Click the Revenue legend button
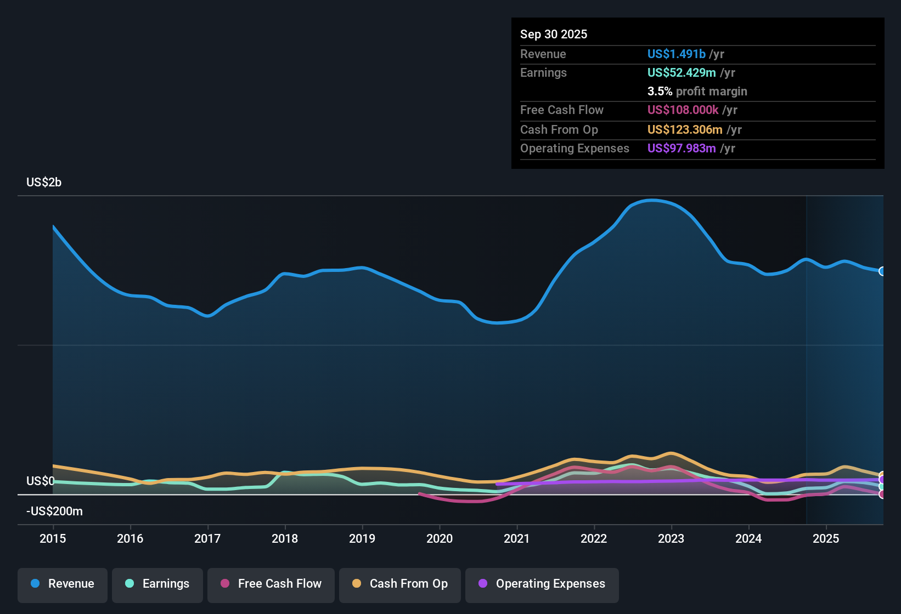pyautogui.click(x=63, y=584)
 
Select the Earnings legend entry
pyautogui.click(x=157, y=584)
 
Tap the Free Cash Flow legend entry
pyautogui.click(x=271, y=584)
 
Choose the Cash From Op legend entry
pyautogui.click(x=400, y=584)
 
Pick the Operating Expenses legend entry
pyautogui.click(x=542, y=584)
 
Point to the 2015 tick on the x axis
pyautogui.click(x=53, y=538)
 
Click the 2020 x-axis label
pyautogui.click(x=440, y=538)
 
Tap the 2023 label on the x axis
pyautogui.click(x=671, y=538)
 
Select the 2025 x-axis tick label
pyautogui.click(x=826, y=538)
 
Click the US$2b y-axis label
pyautogui.click(x=44, y=183)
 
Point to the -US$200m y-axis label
pyautogui.click(x=54, y=511)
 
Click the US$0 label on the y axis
pyautogui.click(x=40, y=481)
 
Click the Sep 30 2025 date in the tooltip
pyautogui.click(x=554, y=34)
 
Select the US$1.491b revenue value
pyautogui.click(x=676, y=54)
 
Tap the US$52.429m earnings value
pyautogui.click(x=682, y=72)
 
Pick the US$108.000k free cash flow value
pyautogui.click(x=683, y=110)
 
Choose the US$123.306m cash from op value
pyautogui.click(x=685, y=129)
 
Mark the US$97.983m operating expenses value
pyautogui.click(x=682, y=148)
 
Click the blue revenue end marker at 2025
pyautogui.click(x=882, y=271)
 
